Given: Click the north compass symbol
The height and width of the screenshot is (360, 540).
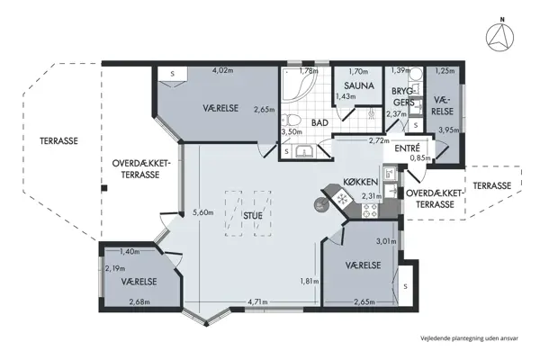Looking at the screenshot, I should [499, 36].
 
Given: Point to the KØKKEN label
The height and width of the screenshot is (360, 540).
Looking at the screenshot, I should [359, 183].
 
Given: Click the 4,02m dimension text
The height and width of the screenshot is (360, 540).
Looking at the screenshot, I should [220, 70].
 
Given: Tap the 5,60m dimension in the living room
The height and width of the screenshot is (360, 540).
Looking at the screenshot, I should [203, 212].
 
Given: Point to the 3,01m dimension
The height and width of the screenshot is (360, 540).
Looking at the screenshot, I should [385, 241].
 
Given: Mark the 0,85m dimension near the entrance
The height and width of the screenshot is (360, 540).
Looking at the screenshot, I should [418, 158].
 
